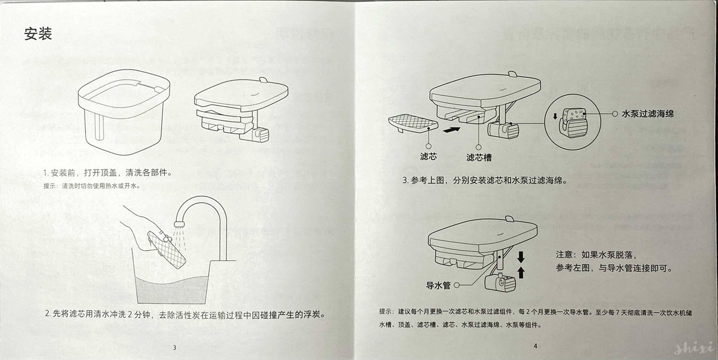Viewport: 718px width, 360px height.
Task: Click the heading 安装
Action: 38,34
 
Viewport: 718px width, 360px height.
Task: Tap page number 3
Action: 174,347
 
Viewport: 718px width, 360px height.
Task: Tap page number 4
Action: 535,346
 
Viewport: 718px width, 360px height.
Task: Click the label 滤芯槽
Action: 479,157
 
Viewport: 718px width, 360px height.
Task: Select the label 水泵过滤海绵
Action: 647,113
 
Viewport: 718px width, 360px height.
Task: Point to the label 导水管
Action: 439,285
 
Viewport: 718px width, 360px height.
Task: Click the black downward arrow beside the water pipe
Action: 521,257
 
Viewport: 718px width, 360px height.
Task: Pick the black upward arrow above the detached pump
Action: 521,273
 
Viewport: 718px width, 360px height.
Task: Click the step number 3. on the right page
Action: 406,181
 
